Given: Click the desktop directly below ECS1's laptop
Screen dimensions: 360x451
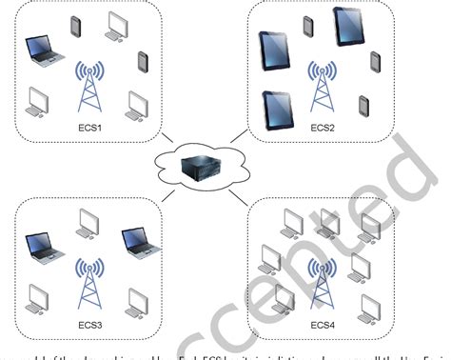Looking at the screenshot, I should [x=38, y=102].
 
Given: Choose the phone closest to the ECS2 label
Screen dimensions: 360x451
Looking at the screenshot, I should [x=361, y=104].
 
